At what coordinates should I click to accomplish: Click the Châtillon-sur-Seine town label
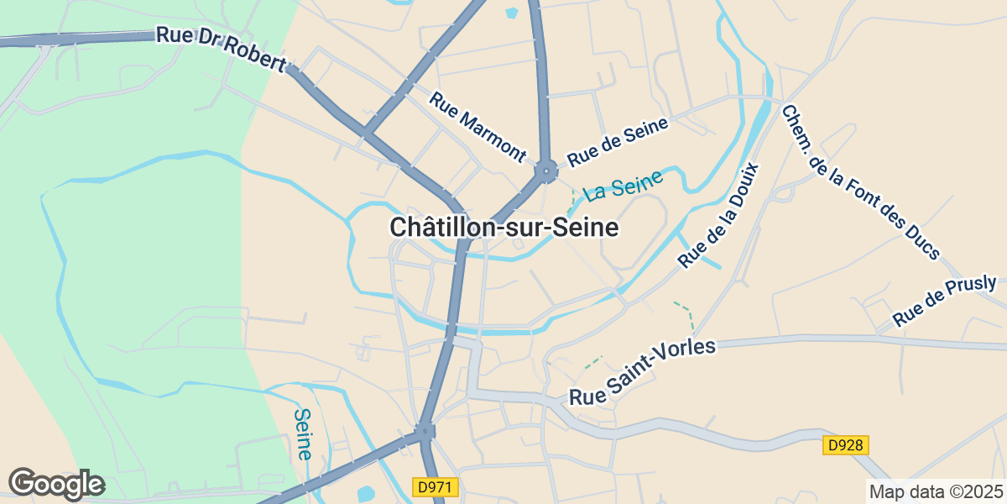pyautogui.click(x=503, y=228)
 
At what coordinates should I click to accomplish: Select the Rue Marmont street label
pyautogui.click(x=477, y=126)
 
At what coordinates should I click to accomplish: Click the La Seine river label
pyautogui.click(x=624, y=185)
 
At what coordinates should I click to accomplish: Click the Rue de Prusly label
pyautogui.click(x=944, y=301)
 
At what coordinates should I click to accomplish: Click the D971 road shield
pyautogui.click(x=436, y=486)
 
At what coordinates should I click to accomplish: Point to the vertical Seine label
pyautogui.click(x=303, y=433)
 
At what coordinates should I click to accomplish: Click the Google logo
pyautogui.click(x=56, y=484)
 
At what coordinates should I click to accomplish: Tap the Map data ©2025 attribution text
pyautogui.click(x=935, y=491)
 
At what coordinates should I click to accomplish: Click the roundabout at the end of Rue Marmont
pyautogui.click(x=546, y=172)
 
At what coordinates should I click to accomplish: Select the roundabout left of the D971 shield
pyautogui.click(x=425, y=433)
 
